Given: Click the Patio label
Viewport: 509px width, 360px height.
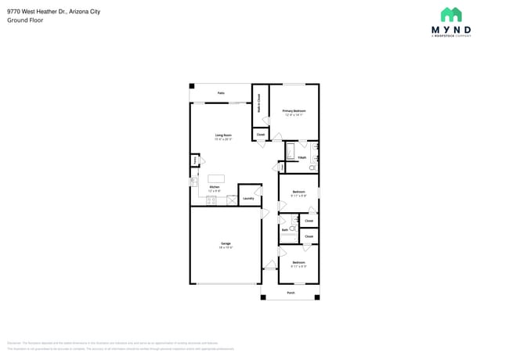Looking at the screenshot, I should click(x=221, y=93).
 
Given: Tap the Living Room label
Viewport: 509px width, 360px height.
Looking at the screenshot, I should click(x=224, y=136).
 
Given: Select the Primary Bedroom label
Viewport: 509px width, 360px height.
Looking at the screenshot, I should click(x=294, y=112).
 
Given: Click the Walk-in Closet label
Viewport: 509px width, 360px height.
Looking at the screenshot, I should click(x=259, y=105).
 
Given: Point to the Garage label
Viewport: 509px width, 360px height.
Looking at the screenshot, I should click(x=226, y=245).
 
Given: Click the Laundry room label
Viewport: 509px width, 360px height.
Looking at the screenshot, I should click(x=248, y=198).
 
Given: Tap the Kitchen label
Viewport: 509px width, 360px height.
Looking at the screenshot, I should click(x=215, y=188).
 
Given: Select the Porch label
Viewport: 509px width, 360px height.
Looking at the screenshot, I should click(x=291, y=293).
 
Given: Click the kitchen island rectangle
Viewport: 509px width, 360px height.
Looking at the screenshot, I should click(x=216, y=178).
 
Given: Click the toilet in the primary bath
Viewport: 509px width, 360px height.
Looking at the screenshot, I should click(x=312, y=167).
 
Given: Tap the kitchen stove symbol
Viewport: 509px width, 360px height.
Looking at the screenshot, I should click(x=211, y=201).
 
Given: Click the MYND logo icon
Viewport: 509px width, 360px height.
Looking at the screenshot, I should click(x=451, y=15).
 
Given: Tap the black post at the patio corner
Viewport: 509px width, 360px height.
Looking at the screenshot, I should click(x=192, y=85).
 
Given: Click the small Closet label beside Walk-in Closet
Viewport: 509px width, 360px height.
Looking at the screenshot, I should click(x=260, y=135).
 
